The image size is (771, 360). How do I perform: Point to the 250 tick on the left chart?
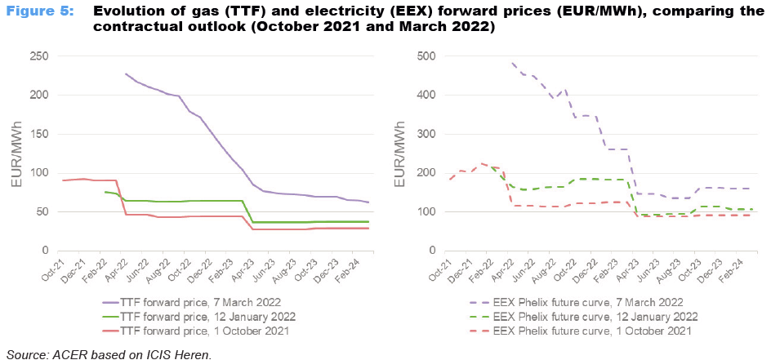[x=38, y=56]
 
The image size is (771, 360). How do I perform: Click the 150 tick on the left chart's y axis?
[x=38, y=134]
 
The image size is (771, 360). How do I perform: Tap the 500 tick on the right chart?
[x=424, y=56]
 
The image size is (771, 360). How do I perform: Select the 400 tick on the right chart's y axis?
[x=424, y=95]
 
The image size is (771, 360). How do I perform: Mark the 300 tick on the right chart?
[x=424, y=134]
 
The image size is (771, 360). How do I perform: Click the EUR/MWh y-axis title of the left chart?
[x=16, y=155]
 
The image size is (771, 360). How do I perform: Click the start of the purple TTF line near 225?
[x=126, y=73]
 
